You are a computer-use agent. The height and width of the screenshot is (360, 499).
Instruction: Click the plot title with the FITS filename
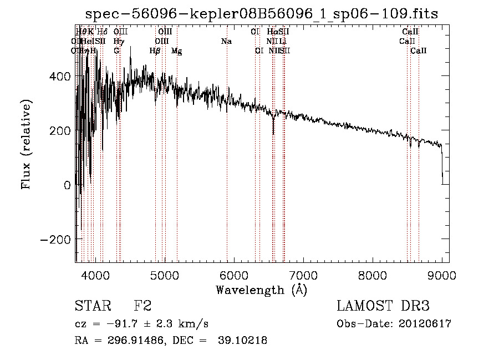pos(261,14)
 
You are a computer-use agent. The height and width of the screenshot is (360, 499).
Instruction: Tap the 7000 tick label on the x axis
pos(303,275)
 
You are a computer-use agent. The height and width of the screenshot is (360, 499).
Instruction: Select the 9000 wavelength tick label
pos(442,275)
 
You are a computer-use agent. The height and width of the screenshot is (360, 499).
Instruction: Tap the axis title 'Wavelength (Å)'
pos(261,290)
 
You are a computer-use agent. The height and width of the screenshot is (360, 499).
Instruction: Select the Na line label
pos(226,42)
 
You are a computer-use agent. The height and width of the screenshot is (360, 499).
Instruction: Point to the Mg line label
pos(176,51)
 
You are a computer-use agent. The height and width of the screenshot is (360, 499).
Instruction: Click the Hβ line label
pos(155,51)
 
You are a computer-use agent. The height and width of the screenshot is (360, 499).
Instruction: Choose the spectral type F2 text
pos(143,306)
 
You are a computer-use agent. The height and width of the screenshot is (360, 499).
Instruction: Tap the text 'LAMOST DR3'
pos(383,306)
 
